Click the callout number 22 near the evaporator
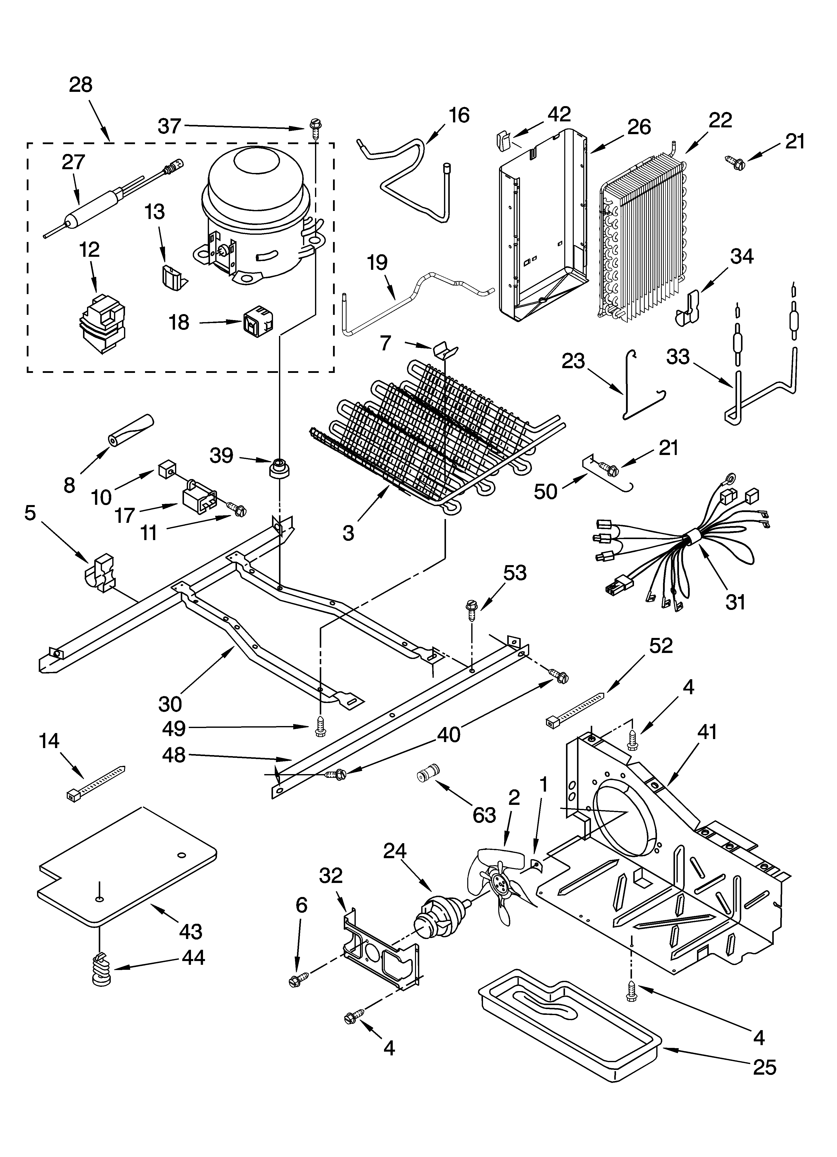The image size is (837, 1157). tap(720, 120)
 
